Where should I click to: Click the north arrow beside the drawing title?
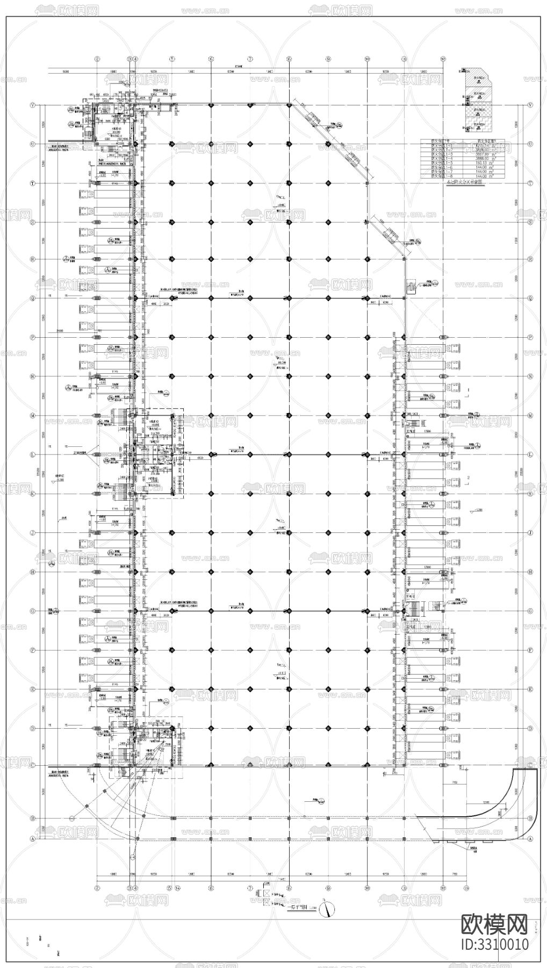pyautogui.click(x=326, y=909)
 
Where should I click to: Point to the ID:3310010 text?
pyautogui.click(x=495, y=944)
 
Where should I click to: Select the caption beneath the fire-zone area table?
pyautogui.click(x=465, y=182)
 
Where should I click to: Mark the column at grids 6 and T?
pyautogui.click(x=211, y=183)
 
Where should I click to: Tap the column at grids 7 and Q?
pyautogui.click(x=250, y=298)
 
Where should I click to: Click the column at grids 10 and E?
pyautogui.click(x=367, y=689)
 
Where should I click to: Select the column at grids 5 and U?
pyautogui.click(x=171, y=144)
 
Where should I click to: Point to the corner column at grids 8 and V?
pyautogui.click(x=289, y=105)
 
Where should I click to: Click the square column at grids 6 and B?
pyautogui.click(x=211, y=818)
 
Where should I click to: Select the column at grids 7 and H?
pyautogui.click(x=250, y=572)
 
